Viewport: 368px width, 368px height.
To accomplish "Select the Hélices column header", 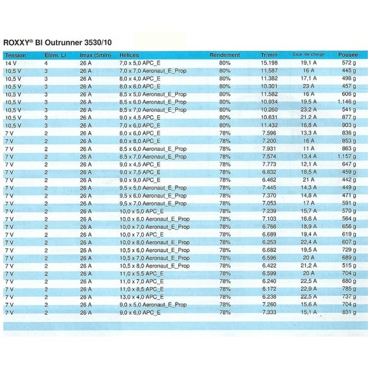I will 129,55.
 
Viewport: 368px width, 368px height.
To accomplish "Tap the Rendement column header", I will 224,55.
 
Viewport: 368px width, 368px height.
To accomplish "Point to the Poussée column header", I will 348,55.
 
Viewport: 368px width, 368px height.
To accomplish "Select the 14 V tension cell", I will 11,63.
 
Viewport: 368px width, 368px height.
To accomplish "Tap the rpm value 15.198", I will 269,63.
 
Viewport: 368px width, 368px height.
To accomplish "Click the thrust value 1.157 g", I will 348,156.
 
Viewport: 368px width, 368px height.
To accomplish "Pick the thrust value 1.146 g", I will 348,102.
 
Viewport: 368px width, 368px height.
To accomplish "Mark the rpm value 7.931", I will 269,148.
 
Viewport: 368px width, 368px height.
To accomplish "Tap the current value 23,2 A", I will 309,110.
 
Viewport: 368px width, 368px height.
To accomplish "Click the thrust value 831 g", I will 349,312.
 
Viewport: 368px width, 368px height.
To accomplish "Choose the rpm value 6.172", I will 269,289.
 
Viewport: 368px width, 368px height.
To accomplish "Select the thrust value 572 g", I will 349,63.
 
